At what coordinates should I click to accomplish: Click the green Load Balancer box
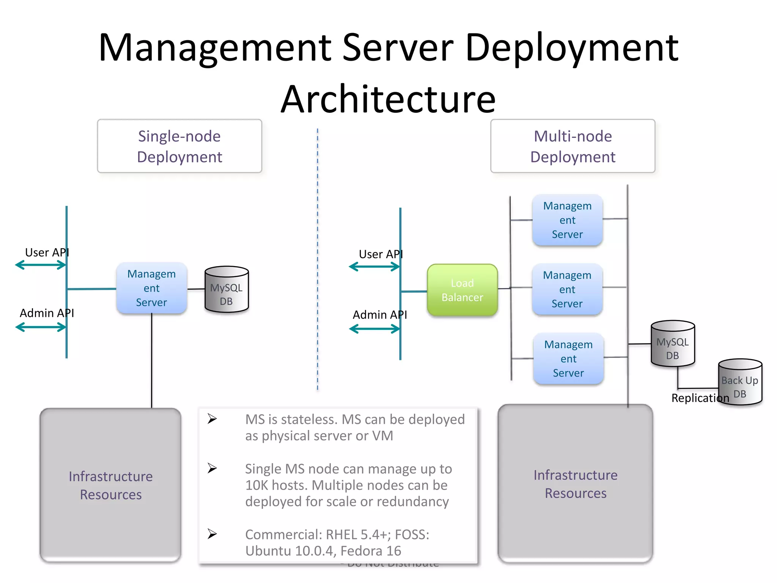tap(462, 290)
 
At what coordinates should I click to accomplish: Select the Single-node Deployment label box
tap(179, 146)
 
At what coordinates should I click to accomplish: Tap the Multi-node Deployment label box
tap(573, 146)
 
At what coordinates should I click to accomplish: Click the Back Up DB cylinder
tap(740, 383)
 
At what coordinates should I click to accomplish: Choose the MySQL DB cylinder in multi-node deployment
tap(673, 344)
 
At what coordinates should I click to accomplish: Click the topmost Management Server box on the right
tap(567, 220)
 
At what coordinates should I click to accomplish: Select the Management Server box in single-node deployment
tap(151, 288)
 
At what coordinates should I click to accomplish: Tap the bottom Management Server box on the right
tap(568, 359)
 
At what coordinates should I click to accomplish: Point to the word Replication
tap(700, 398)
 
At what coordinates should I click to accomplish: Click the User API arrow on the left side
tap(41, 265)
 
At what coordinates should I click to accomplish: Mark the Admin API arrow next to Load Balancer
tap(374, 329)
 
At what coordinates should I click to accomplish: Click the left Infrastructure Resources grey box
tap(110, 485)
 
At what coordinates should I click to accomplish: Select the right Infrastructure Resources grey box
tap(575, 484)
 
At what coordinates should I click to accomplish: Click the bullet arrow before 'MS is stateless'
tap(212, 419)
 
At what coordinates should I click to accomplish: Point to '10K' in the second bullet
tap(257, 485)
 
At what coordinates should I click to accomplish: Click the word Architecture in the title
tap(388, 99)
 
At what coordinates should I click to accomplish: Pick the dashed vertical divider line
tap(318, 258)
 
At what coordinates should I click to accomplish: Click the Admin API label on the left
tap(47, 313)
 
